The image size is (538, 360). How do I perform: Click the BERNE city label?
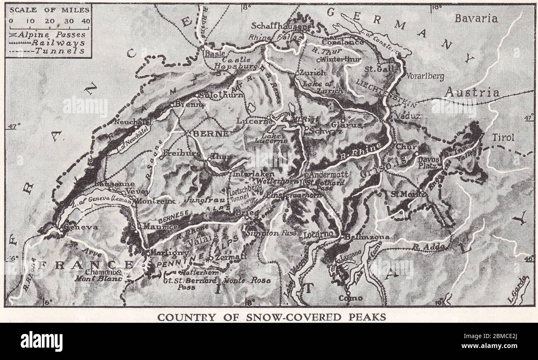(211, 134)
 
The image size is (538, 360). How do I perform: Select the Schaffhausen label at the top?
(280, 26)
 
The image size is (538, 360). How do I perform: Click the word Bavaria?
(476, 18)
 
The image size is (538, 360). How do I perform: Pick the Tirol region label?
(503, 137)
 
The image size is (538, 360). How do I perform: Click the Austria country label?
(471, 93)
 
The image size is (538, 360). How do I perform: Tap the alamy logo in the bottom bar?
(41, 341)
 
